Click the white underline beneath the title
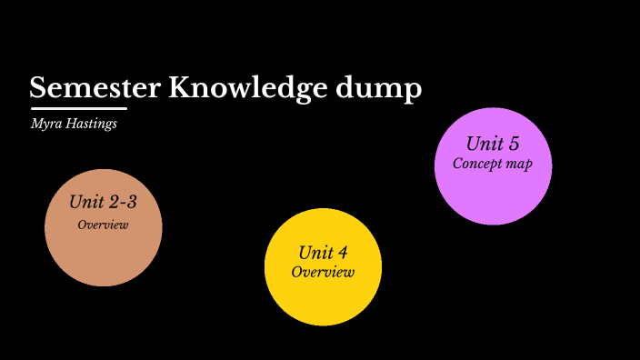coord(78,109)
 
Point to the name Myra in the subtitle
coord(45,124)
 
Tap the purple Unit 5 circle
coord(493,195)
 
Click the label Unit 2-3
coord(103,202)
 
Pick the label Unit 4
coord(323,253)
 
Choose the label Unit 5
coord(492,144)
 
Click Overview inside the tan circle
coord(103,225)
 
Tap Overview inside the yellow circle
coord(323,272)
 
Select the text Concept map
coord(492,165)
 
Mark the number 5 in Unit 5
coord(513,144)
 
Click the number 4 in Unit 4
coord(342,253)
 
